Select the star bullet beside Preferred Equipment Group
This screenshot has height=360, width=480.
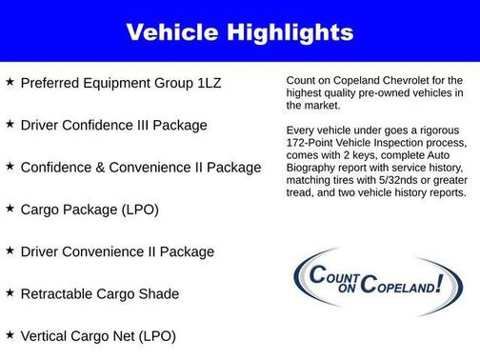pos(10,83)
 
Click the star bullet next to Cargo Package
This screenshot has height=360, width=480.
pos(10,209)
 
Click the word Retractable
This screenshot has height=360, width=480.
pos(58,293)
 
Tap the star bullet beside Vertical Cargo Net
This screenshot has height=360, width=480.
pos(10,334)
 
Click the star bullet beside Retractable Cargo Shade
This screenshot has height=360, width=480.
pos(10,292)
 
